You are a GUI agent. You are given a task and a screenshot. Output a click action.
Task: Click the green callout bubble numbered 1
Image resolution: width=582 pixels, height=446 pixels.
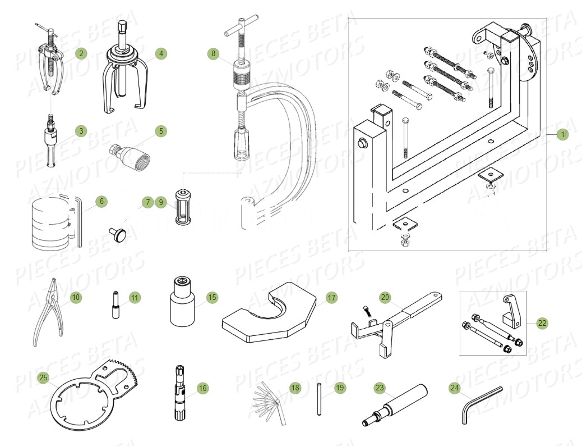coord(562,134)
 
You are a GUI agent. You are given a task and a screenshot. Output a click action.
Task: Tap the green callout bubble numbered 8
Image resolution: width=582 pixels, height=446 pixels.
coord(213,54)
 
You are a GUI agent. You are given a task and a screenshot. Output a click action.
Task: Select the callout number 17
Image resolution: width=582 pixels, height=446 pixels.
coord(332,298)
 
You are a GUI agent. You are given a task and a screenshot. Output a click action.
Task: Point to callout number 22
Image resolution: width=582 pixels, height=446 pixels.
coord(541,323)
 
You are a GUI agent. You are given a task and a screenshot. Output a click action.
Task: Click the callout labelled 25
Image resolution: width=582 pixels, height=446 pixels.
coord(43,378)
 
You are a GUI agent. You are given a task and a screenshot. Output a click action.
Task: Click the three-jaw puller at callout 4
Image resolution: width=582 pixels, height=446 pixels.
coord(124,73)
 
